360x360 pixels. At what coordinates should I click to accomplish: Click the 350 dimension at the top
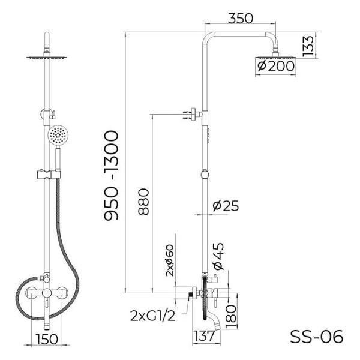pyautogui.click(x=240, y=19)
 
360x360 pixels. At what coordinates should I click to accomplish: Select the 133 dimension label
pyautogui.click(x=308, y=46)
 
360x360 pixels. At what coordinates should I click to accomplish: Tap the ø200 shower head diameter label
pyautogui.click(x=276, y=67)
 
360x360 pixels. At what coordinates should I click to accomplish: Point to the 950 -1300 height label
pyautogui.click(x=112, y=175)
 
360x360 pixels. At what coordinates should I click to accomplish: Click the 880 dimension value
pyautogui.click(x=143, y=202)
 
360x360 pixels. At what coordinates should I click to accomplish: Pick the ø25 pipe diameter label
pyautogui.click(x=226, y=205)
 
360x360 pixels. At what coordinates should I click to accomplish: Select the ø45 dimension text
pyautogui.click(x=218, y=256)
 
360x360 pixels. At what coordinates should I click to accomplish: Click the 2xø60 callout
pyautogui.click(x=170, y=260)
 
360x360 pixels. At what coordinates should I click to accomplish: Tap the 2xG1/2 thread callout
pyautogui.click(x=152, y=316)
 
